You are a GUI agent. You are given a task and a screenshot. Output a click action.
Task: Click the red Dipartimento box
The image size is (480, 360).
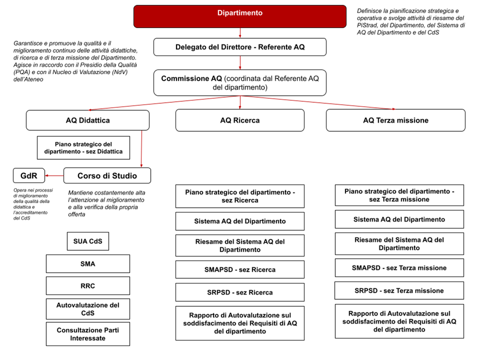[x=240, y=16]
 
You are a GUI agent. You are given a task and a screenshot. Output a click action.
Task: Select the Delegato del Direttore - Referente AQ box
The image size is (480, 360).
[x=240, y=47]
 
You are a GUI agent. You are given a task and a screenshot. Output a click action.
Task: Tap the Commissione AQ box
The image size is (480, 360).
[x=240, y=83]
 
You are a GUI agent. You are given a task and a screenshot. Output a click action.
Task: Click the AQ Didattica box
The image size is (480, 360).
[x=88, y=120]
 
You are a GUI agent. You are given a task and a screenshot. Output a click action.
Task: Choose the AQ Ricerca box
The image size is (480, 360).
[x=240, y=120]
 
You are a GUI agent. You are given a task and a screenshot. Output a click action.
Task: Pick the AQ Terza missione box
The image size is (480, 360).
[x=395, y=120]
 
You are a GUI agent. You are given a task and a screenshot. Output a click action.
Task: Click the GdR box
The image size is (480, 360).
[x=29, y=176]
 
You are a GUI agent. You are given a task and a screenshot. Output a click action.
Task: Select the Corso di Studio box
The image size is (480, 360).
[x=107, y=176]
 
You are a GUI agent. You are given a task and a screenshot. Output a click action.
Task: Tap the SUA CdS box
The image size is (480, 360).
[x=88, y=241]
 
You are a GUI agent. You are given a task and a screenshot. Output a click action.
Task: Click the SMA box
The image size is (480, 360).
[x=88, y=264]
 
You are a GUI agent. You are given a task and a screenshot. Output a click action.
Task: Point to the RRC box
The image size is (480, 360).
[x=88, y=286]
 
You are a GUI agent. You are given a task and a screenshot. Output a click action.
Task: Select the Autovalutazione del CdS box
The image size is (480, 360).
[x=88, y=309]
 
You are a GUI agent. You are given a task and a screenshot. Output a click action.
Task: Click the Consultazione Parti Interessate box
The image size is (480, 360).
[x=88, y=334]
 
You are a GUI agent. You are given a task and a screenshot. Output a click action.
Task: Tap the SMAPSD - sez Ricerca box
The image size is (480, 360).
[x=240, y=269]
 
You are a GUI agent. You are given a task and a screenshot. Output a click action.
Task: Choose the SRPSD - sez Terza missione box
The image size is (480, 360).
[x=399, y=290]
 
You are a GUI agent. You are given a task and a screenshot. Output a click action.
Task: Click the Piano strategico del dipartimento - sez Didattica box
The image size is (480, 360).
[x=83, y=148]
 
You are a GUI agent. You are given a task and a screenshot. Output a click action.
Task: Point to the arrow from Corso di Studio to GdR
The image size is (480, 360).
[x=54, y=176]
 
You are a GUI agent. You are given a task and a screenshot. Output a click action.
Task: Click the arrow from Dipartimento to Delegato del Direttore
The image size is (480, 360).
[x=240, y=33]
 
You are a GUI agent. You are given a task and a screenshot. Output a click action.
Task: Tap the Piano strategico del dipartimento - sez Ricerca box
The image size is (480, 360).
[x=240, y=196]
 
